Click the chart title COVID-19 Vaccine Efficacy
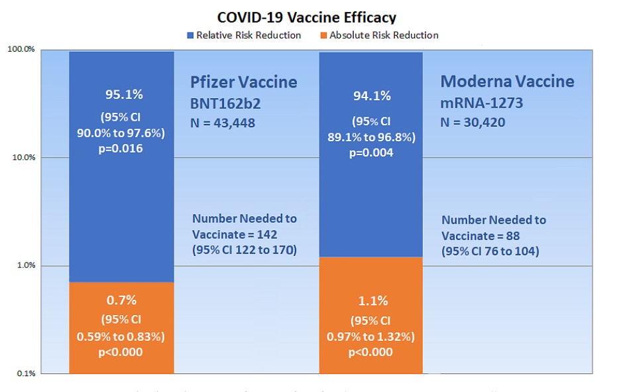pyautogui.click(x=306, y=17)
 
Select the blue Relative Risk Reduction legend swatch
pyautogui.click(x=190, y=35)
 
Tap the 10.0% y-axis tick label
pyautogui.click(x=23, y=158)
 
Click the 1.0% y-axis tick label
pyautogui.click(x=25, y=266)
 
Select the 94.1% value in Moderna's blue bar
pyautogui.click(x=372, y=96)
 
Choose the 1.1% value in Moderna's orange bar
pyautogui.click(x=372, y=300)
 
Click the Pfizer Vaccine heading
pyautogui.click(x=244, y=82)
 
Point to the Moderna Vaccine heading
pyautogui.click(x=507, y=82)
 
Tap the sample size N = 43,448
pyautogui.click(x=222, y=123)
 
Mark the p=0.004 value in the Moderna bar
pyautogui.click(x=371, y=153)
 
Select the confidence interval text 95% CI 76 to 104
pyautogui.click(x=490, y=251)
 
